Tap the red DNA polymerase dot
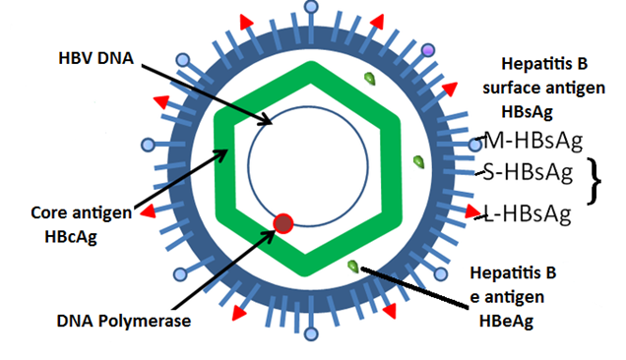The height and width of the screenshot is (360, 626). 284,223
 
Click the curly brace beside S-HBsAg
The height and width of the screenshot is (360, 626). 594,180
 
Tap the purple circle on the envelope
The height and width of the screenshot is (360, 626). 427,49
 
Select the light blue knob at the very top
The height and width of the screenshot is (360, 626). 313,8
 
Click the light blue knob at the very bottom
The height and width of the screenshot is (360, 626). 313,336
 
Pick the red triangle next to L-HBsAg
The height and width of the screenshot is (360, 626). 469,210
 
